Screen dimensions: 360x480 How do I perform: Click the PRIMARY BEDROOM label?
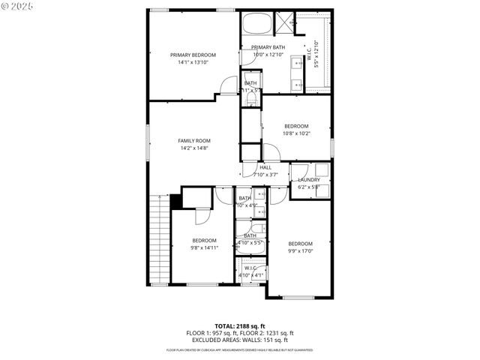tap(193, 55)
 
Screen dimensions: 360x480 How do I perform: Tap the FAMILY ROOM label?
tap(193, 140)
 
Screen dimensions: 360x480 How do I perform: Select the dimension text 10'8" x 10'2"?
tap(295, 133)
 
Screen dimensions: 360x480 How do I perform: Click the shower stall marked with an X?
tap(285, 20)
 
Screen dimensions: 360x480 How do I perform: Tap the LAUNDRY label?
tap(309, 180)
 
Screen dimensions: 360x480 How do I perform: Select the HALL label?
tap(265, 167)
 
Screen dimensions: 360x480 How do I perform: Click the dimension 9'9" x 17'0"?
tap(300, 251)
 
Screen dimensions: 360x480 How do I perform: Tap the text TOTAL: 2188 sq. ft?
tap(240, 326)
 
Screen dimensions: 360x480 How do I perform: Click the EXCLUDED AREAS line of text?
tap(240, 340)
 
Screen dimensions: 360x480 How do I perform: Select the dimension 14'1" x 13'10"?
tap(193, 62)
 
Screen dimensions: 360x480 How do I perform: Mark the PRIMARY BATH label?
tap(268, 47)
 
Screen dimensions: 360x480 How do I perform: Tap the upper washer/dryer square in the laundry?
tap(321, 169)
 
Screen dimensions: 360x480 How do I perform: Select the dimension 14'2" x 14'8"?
tap(193, 148)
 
